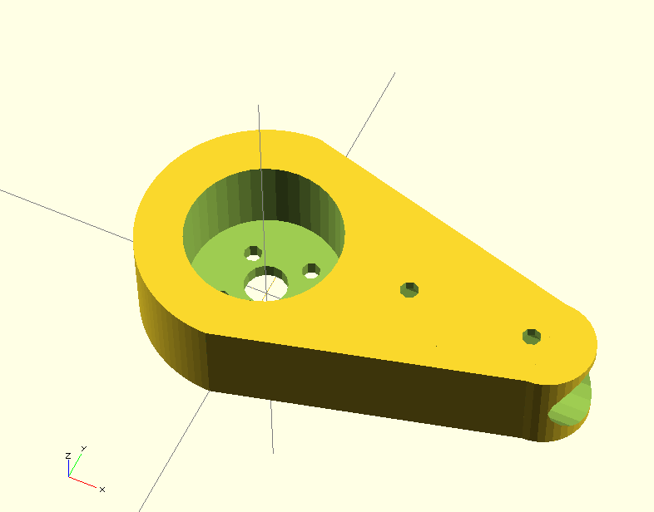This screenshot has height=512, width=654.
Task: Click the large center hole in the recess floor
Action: (x=265, y=284)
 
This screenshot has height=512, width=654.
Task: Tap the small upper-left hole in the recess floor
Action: (x=253, y=253)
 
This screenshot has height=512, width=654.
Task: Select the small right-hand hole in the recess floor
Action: (x=311, y=271)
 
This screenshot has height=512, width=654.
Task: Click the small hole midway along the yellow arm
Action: (x=409, y=289)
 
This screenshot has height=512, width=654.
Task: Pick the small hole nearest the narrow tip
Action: (x=532, y=337)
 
